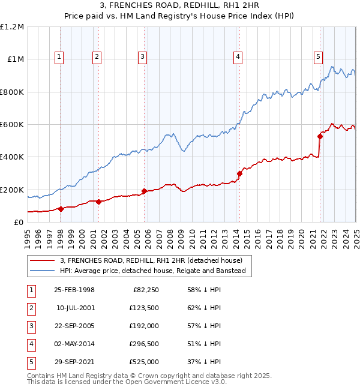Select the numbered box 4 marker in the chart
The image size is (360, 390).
[238, 57]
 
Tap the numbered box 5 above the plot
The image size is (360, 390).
[318, 57]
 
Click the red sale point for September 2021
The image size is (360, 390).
[320, 137]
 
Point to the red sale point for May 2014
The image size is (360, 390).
[239, 174]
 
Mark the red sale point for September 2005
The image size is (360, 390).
[144, 191]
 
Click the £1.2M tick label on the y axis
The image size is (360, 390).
[12, 27]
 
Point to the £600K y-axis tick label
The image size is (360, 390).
[12, 125]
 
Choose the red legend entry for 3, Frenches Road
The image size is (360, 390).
[151, 260]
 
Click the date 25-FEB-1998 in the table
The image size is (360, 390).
[74, 290]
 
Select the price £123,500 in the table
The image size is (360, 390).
[144, 308]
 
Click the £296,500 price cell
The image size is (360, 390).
[144, 344]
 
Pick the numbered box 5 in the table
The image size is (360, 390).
[31, 362]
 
